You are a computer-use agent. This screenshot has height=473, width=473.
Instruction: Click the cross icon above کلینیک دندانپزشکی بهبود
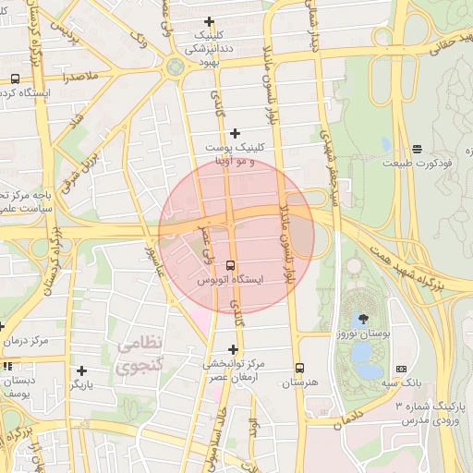(209, 21)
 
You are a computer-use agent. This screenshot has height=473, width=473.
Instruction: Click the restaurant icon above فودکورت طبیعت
(417, 148)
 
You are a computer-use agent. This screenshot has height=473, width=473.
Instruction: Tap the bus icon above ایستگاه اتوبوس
(230, 265)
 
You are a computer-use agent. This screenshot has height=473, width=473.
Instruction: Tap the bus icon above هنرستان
(298, 367)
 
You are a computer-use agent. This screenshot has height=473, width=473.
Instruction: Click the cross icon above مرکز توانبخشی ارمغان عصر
(233, 349)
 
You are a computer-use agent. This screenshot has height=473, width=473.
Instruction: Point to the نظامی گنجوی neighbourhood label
(140, 354)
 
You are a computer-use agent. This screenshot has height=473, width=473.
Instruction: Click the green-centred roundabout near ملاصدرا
(175, 67)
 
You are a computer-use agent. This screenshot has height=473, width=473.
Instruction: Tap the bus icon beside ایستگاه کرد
(14, 79)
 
